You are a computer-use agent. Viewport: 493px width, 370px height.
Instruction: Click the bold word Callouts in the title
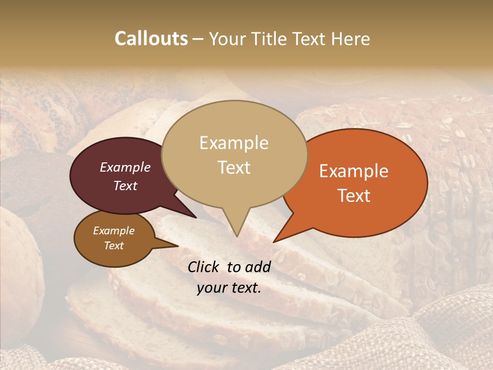151,39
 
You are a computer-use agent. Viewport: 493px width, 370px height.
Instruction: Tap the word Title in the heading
272,39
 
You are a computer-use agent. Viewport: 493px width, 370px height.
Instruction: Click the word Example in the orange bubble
354,171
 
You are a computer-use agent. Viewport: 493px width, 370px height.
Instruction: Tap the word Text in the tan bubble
234,168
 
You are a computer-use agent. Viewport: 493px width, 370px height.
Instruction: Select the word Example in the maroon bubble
125,167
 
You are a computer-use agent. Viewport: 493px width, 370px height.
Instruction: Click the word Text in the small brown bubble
113,246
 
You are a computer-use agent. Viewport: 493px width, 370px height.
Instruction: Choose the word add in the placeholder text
259,267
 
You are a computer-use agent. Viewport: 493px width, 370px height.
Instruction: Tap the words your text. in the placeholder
229,288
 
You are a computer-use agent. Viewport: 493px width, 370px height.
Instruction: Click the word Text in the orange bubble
354,196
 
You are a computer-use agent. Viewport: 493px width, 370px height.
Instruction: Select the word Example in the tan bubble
234,143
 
